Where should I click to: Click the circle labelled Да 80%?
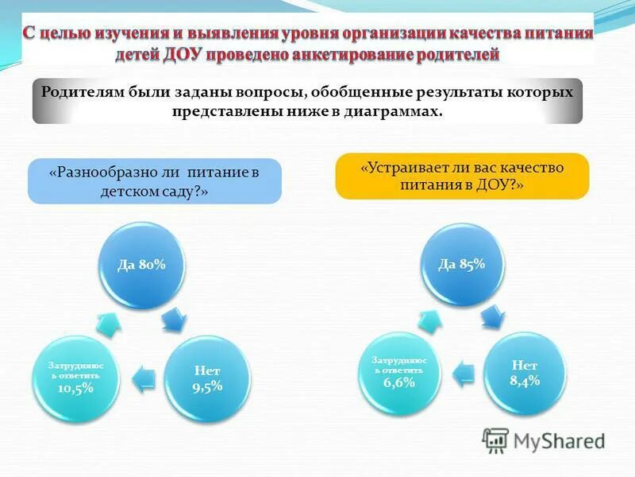coord(142,266)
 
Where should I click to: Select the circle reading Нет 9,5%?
coord(207,378)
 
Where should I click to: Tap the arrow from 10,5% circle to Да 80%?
coord(108,320)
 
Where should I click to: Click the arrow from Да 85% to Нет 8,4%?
coord(492,316)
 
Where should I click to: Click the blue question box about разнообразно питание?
coord(155,181)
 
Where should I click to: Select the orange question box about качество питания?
coord(462,176)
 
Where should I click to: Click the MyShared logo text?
coord(559,440)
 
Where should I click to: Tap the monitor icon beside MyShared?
coord(495,440)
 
